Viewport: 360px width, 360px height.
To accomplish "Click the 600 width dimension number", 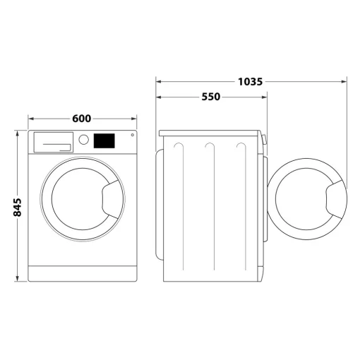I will point(83,119).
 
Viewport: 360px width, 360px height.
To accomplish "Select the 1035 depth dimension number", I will point(251,81).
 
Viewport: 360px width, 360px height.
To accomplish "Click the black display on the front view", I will point(104,140).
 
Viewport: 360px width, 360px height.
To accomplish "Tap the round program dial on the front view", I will point(84,140).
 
